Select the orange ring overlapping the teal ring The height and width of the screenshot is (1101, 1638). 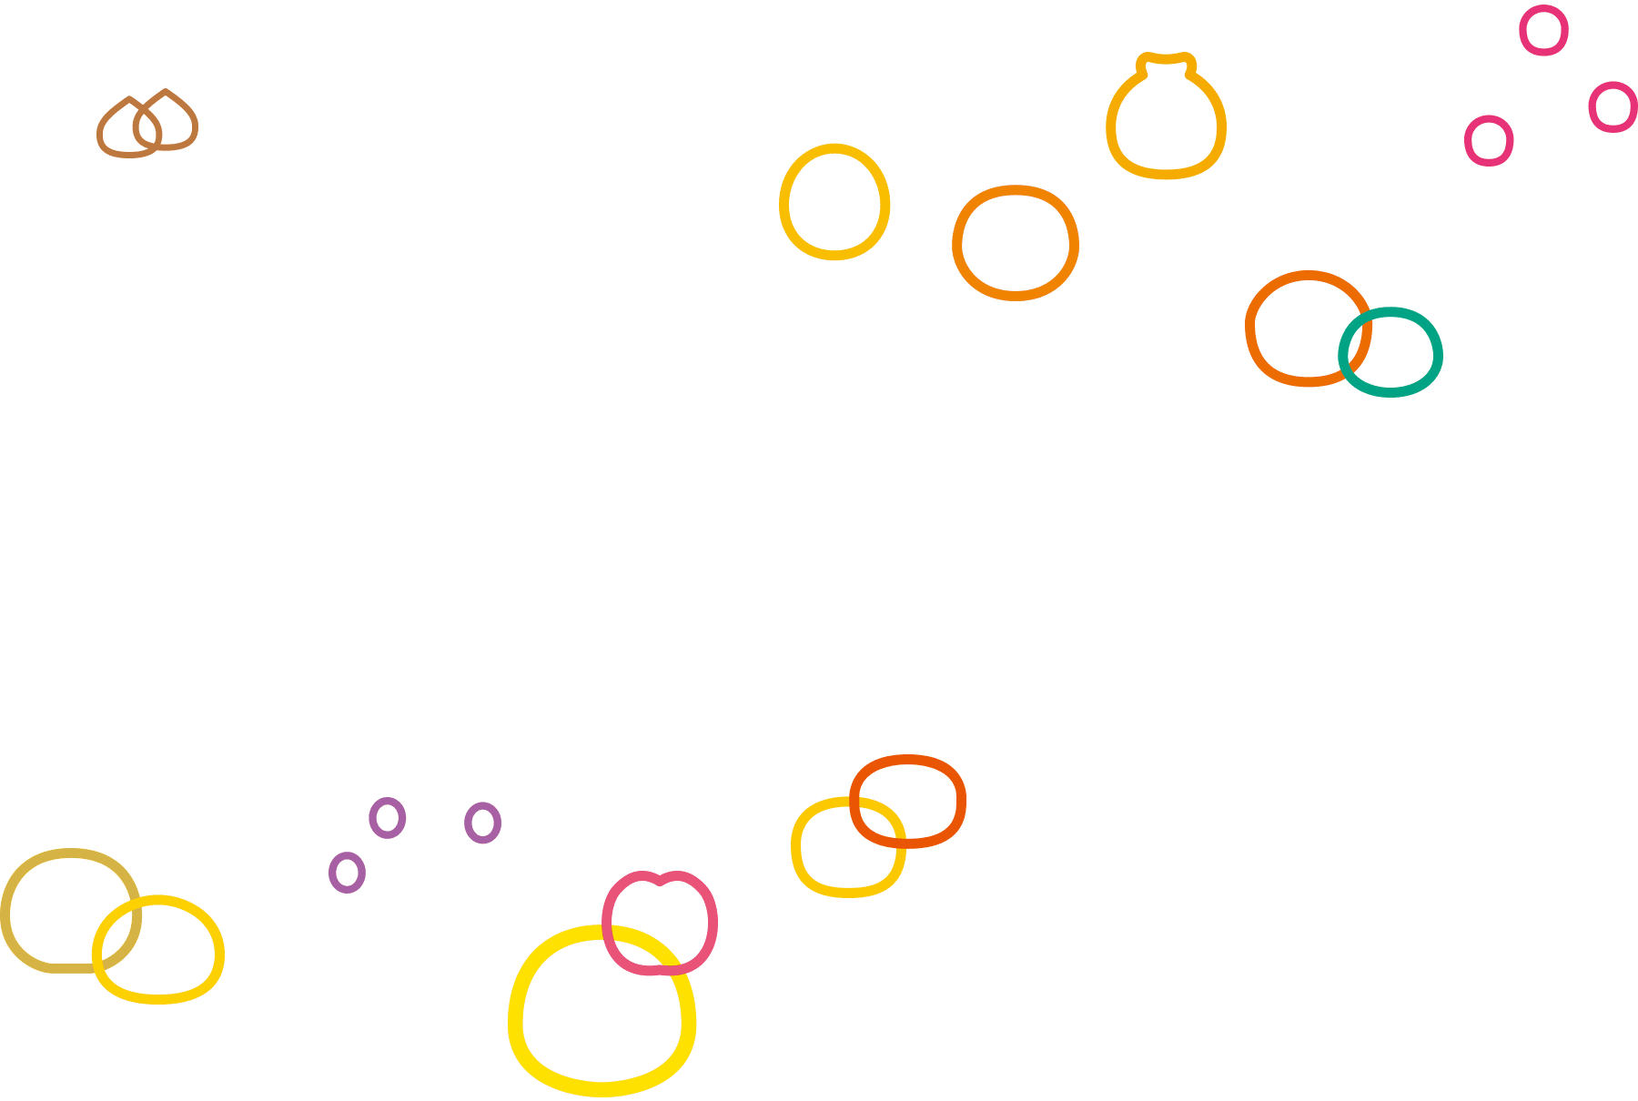[x=1250, y=328]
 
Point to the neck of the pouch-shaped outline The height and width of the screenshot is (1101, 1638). [x=1166, y=60]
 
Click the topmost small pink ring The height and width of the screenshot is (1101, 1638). [x=1543, y=9]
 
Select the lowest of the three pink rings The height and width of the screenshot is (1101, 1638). [x=1489, y=119]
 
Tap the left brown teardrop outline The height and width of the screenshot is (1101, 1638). [x=102, y=132]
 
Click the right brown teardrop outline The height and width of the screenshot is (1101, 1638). [x=193, y=123]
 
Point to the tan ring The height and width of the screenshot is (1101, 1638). [x=7, y=910]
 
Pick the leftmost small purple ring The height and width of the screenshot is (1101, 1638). [x=347, y=856]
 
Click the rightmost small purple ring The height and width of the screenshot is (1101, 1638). [x=482, y=806]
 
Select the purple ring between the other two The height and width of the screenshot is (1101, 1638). [x=387, y=802]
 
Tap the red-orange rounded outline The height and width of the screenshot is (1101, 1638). [x=959, y=801]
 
